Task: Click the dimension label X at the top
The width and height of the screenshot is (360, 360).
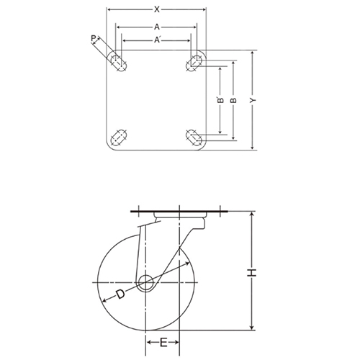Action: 157,9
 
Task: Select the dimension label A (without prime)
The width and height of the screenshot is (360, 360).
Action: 157,27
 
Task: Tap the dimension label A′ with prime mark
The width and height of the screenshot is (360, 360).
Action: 158,40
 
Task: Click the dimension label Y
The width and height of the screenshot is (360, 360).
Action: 253,101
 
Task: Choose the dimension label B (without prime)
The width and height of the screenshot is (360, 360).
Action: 233,101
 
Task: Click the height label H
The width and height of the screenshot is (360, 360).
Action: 252,271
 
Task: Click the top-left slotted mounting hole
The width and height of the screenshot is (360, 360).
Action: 120,63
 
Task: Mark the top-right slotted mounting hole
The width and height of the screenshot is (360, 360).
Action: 194,64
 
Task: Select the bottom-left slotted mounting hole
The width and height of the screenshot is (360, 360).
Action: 120,137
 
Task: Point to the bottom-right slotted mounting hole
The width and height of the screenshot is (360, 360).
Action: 194,136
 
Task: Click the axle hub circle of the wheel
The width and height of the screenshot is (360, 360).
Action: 145,282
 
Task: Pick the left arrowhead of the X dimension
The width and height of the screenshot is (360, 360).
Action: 109,10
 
